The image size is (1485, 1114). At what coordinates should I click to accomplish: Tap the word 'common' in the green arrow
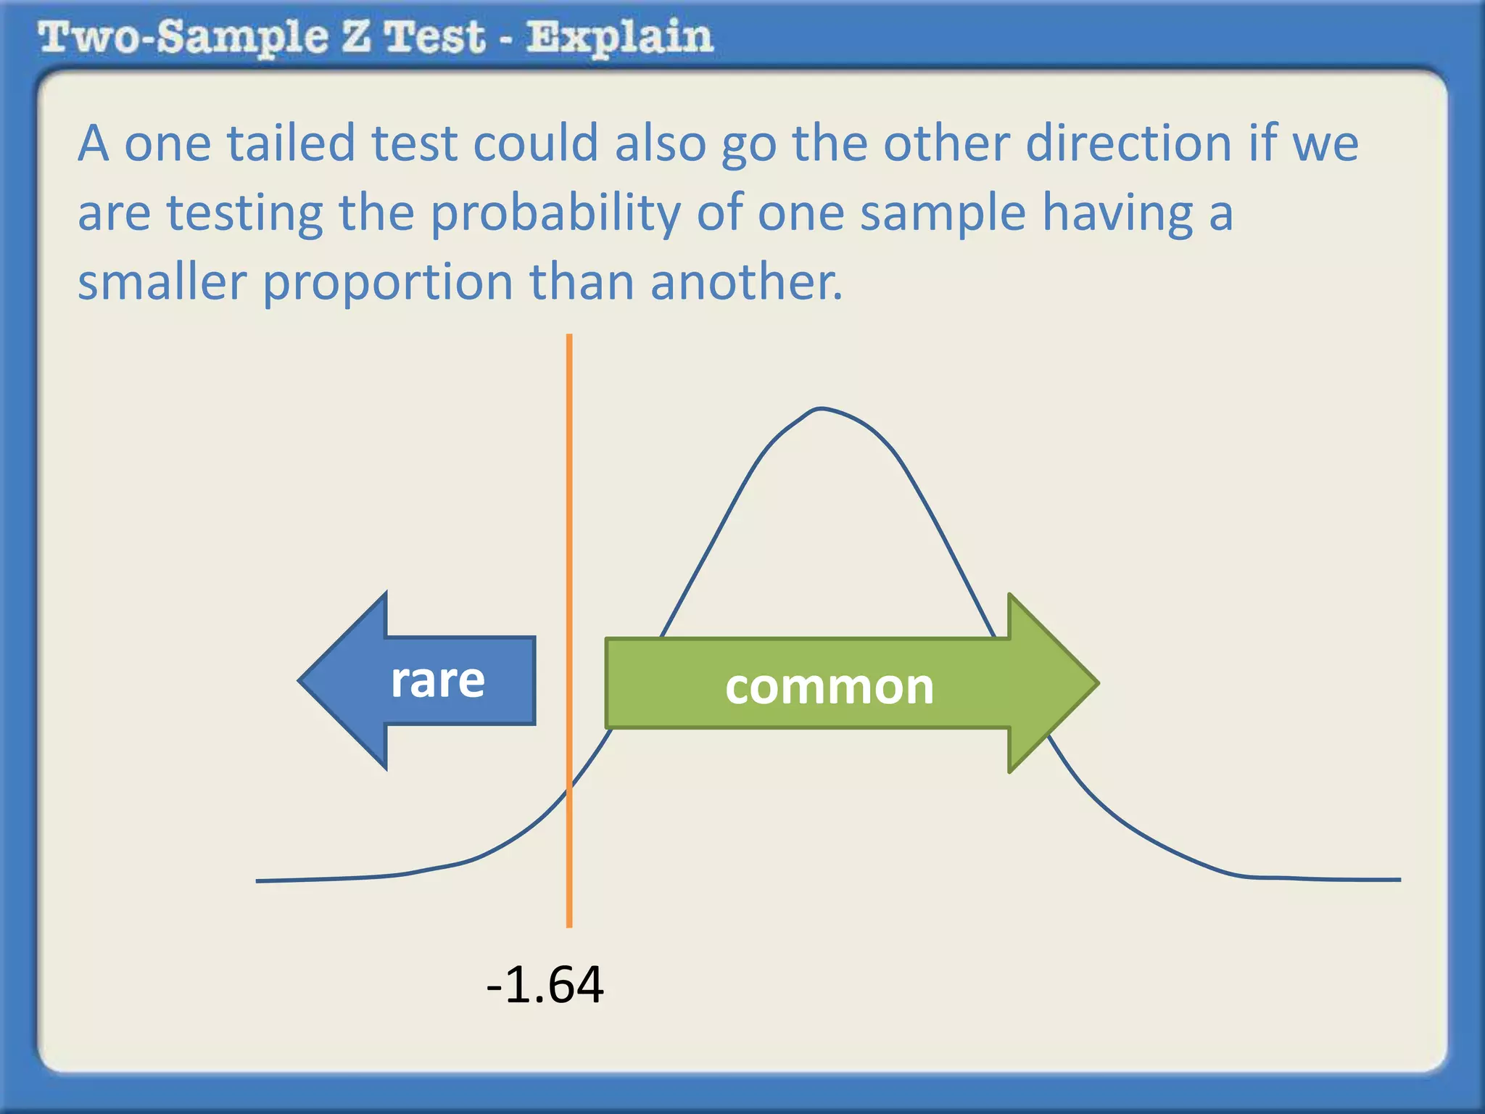pos(829,686)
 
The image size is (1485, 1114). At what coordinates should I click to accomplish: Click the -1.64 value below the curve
pos(545,985)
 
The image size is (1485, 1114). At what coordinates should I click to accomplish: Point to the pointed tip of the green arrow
pos(1096,682)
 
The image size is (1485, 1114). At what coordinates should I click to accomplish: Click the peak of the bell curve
pos(820,409)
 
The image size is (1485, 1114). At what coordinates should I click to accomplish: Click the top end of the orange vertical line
pos(569,337)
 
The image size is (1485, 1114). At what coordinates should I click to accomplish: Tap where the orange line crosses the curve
pos(569,789)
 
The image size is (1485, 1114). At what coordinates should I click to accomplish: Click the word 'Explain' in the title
pos(620,37)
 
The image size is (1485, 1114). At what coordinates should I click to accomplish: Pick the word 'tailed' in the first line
pos(291,143)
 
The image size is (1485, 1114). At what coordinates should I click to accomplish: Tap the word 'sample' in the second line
pos(943,214)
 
